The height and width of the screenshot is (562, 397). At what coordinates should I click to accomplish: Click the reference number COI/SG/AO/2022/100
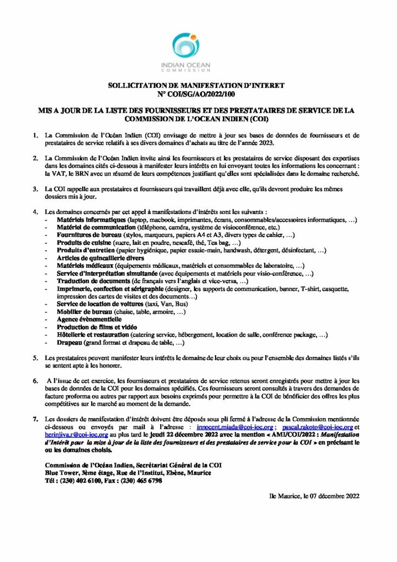click(x=198, y=93)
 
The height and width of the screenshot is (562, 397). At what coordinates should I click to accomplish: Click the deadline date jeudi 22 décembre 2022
click(x=185, y=434)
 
